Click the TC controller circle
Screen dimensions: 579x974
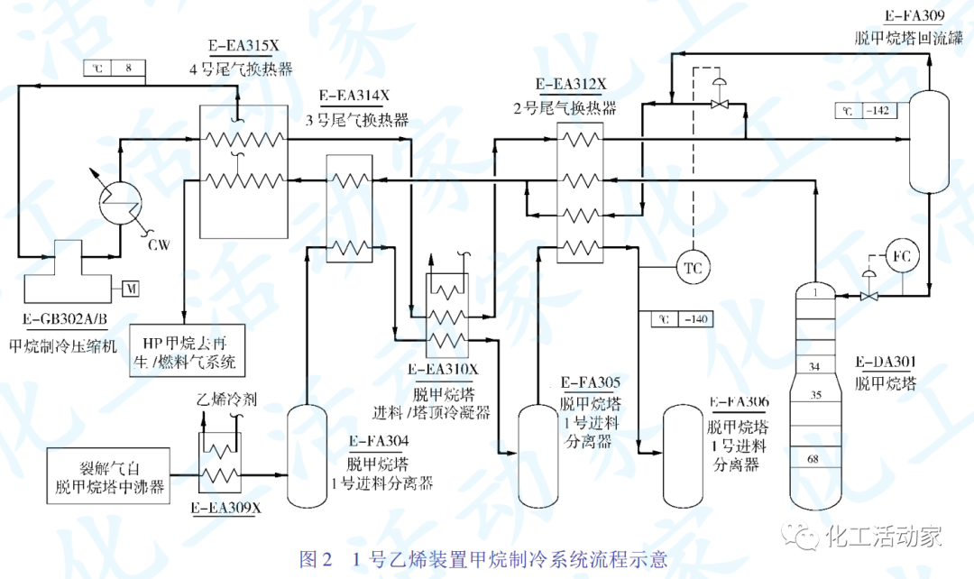[x=694, y=268]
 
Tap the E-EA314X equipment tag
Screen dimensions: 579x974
[x=354, y=96]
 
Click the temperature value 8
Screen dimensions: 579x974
[x=128, y=68]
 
